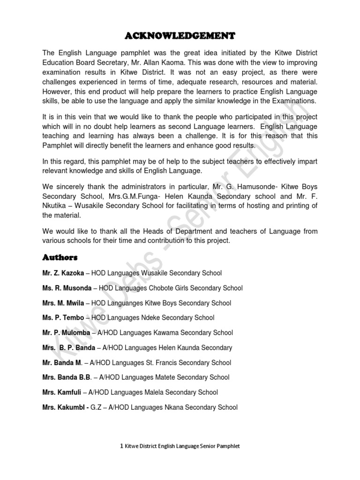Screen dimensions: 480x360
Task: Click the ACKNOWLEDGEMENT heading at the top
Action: tap(180, 36)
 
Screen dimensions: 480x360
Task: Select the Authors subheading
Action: tap(60, 257)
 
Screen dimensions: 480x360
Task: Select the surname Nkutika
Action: tap(57, 206)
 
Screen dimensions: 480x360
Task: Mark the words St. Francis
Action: tap(160, 363)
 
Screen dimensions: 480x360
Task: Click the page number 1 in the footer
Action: tap(122, 446)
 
